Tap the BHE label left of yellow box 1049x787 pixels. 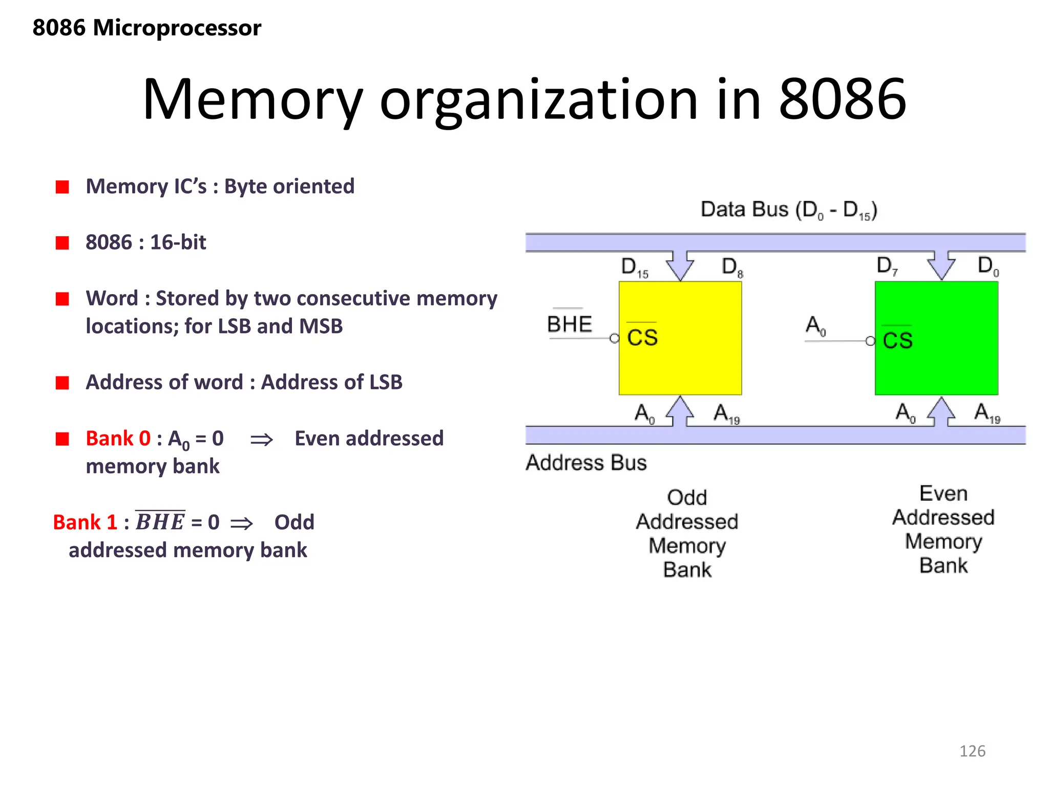(569, 324)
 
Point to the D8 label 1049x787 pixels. (732, 267)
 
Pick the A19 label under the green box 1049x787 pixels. (987, 412)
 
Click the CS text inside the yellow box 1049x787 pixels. (642, 338)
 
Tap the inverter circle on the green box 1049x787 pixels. (870, 341)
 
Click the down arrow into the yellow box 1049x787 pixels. (680, 265)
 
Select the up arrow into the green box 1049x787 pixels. (941, 411)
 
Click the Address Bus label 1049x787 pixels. (586, 463)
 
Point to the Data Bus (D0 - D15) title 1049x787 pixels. (788, 210)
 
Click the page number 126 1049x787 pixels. (972, 751)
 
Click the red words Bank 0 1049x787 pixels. (118, 439)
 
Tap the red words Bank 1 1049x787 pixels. (85, 523)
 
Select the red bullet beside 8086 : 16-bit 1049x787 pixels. (62, 242)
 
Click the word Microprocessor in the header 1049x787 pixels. (177, 28)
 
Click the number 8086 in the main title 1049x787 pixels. (843, 99)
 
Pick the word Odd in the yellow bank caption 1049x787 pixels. (687, 498)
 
